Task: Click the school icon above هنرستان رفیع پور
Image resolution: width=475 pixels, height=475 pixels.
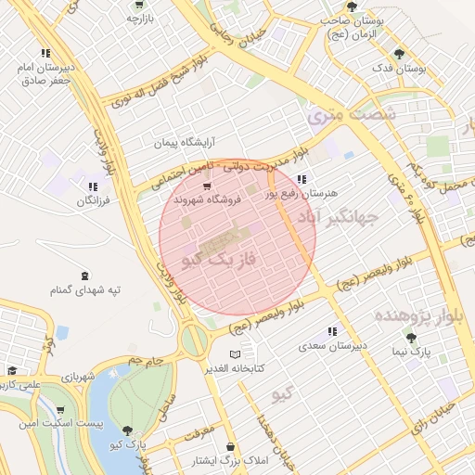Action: [x=302, y=179]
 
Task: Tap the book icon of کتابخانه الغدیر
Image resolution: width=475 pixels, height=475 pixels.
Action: [x=234, y=354]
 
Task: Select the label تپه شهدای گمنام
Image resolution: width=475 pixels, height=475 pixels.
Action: [x=85, y=290]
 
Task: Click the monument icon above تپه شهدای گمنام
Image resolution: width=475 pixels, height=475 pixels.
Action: [x=85, y=275]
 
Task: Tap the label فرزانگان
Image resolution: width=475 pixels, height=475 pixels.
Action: [x=92, y=200]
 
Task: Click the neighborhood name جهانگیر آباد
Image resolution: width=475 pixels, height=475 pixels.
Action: [x=339, y=219]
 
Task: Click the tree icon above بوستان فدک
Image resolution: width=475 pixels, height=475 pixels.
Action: [x=400, y=54]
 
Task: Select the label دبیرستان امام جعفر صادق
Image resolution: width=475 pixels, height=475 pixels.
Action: [x=45, y=74]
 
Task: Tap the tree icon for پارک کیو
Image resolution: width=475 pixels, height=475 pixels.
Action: [x=127, y=430]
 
